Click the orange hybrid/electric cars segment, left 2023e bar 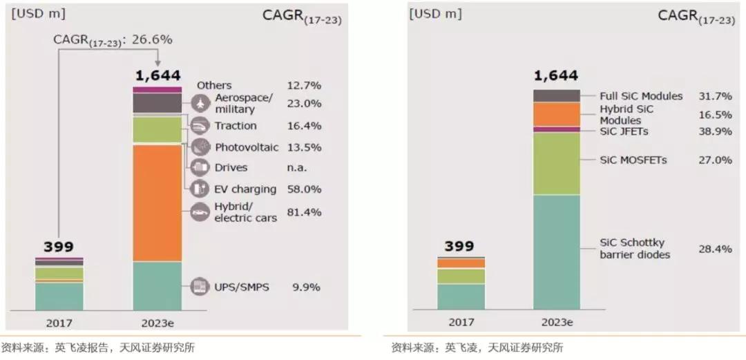coord(157,202)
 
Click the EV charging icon coord(200,188)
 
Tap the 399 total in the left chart coord(59,247)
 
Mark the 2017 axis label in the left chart coord(59,322)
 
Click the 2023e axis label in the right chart coord(557,322)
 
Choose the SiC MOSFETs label coord(633,160)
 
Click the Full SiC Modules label coord(641,96)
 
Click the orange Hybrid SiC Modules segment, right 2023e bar coord(557,114)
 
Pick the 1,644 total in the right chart coord(556,76)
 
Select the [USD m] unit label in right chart coord(435,14)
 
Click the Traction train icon coord(200,126)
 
